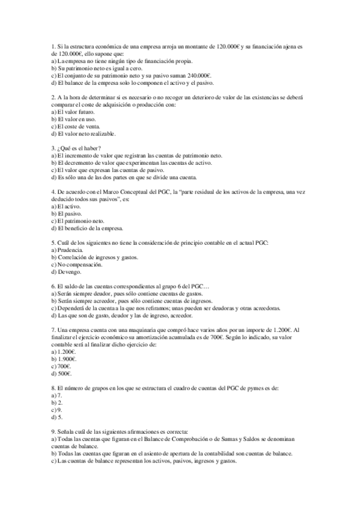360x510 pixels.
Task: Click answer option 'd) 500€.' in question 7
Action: (63, 374)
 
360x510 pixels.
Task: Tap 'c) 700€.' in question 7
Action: (62, 367)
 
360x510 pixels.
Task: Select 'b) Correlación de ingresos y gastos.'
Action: (94, 257)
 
